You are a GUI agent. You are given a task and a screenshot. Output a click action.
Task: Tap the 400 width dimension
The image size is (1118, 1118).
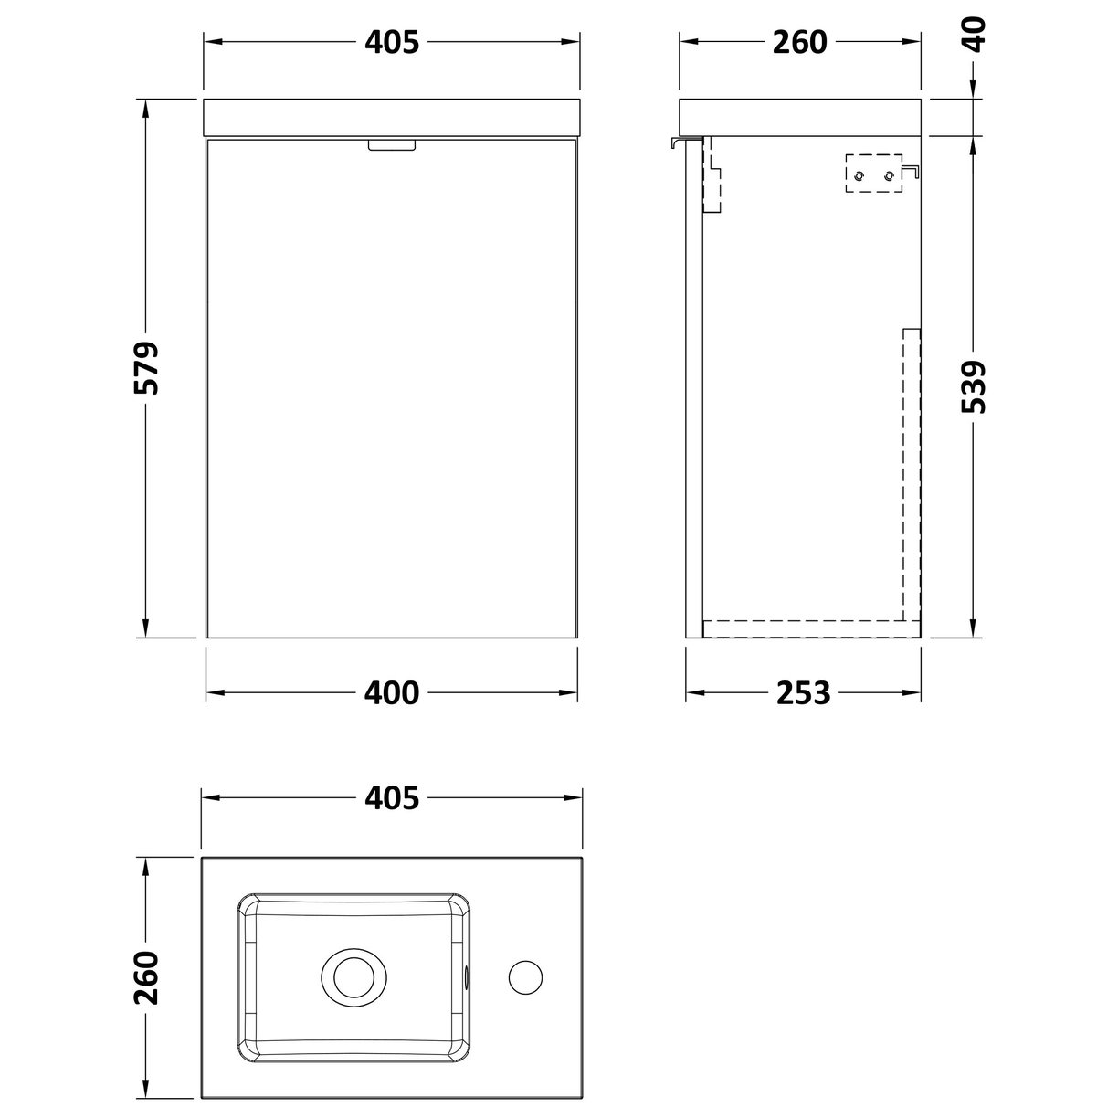(392, 693)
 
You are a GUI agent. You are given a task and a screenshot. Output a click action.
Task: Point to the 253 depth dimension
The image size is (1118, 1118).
(803, 693)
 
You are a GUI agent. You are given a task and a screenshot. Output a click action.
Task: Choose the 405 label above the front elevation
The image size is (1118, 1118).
(392, 42)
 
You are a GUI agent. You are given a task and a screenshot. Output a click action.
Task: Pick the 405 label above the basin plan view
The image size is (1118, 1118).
(392, 798)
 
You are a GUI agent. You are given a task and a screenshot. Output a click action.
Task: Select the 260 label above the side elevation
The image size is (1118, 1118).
(799, 42)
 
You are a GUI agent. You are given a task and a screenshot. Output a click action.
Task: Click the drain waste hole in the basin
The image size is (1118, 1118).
(351, 976)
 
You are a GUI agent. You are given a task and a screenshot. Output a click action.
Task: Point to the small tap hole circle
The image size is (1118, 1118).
(524, 976)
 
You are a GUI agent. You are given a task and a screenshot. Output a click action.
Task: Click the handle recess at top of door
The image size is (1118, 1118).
(392, 144)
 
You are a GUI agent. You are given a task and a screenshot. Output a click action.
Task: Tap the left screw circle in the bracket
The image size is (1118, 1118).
(859, 174)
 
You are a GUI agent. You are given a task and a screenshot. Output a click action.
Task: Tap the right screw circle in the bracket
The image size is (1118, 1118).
(889, 174)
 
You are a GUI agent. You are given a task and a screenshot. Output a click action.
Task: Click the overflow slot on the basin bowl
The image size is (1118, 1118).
(469, 976)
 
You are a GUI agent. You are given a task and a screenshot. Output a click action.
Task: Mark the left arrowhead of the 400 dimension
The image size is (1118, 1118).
(212, 693)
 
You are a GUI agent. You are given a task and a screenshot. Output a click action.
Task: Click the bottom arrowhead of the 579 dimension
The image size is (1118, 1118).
(144, 629)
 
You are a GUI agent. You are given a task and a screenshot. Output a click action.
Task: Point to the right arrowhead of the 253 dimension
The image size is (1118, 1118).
(915, 693)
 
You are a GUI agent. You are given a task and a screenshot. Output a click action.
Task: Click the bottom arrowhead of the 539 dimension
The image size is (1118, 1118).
(974, 630)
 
